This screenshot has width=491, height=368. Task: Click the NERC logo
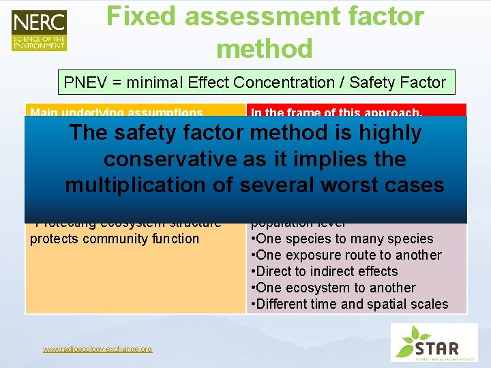coord(39,30)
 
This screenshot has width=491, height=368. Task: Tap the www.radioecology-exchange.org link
coord(98,349)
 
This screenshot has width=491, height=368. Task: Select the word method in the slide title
coord(265,49)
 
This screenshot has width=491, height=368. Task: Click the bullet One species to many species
coord(342,239)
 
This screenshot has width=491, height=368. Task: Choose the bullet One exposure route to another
coord(346,255)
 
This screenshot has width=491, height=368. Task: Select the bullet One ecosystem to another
coord(333,288)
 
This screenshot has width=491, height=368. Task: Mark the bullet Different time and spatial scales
coord(350,304)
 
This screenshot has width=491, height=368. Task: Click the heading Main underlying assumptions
coord(117,112)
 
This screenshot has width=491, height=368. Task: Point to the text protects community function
coord(115,239)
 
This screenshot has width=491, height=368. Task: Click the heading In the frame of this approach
coord(337,112)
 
